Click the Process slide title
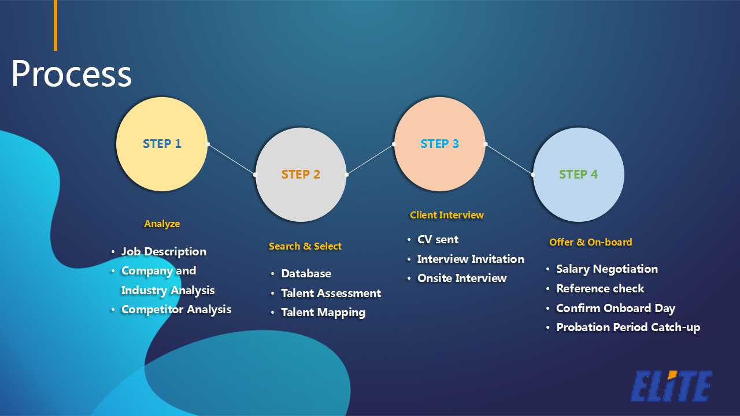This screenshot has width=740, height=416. click(x=71, y=74)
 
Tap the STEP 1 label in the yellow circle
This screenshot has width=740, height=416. click(x=162, y=144)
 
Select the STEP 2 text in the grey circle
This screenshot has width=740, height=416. click(x=301, y=174)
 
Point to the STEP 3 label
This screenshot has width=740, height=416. click(x=439, y=144)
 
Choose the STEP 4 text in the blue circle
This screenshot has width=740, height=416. click(x=578, y=174)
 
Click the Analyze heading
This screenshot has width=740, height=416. click(x=162, y=224)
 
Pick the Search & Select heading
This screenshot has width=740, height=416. click(x=305, y=246)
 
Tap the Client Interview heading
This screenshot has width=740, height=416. click(x=446, y=215)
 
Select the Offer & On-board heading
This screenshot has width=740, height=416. click(x=590, y=242)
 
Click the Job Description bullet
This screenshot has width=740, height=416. click(x=163, y=251)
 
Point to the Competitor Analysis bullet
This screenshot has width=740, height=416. click(x=176, y=309)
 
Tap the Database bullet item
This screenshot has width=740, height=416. click(x=306, y=273)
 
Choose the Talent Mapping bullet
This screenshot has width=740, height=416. click(x=323, y=312)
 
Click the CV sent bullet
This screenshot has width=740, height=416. click(x=438, y=239)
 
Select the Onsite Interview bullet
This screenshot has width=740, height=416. click(x=461, y=278)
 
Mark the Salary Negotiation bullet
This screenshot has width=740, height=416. click(x=606, y=269)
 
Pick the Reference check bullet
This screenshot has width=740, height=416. click(x=600, y=288)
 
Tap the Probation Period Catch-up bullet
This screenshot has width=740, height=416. click(x=627, y=327)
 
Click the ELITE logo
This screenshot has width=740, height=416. click(x=671, y=386)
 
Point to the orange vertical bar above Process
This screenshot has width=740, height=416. click(x=55, y=25)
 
